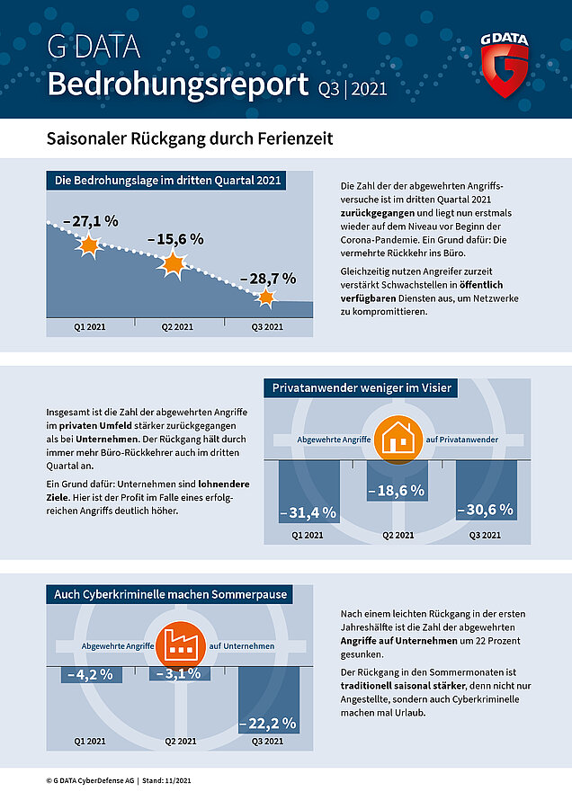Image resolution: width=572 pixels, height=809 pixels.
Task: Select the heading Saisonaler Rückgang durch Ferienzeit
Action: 190,139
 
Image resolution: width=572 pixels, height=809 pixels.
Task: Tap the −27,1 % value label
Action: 91,220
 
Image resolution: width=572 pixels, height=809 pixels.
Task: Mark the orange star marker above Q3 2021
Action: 266,298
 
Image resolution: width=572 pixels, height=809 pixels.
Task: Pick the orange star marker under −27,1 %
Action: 87,245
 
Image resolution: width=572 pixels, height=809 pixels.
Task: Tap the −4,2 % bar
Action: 90,674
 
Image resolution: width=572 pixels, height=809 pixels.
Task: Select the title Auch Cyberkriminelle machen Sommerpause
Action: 170,594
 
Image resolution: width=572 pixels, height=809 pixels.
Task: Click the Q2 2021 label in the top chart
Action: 177,327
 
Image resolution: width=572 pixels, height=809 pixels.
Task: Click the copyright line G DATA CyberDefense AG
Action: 118,780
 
